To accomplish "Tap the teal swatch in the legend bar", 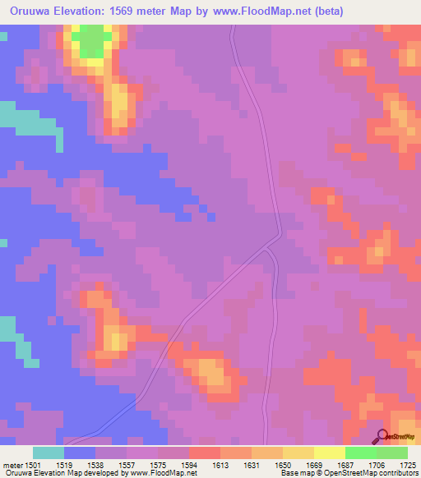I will [49, 453].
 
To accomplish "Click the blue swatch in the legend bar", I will [80, 453].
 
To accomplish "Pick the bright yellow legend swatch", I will [329, 453].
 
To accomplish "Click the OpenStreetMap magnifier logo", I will [383, 438].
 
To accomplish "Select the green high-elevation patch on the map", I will [95, 37].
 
